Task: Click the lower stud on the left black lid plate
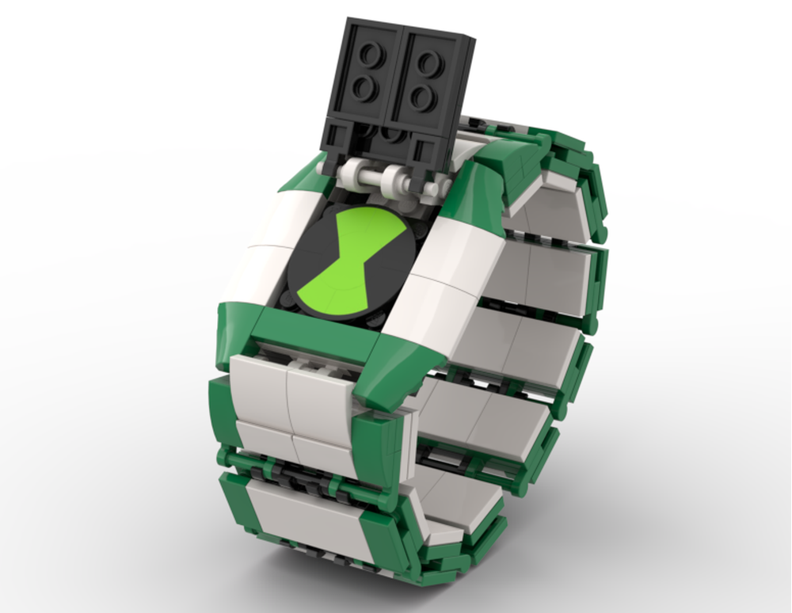[x=363, y=88]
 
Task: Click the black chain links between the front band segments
[x=301, y=472]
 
